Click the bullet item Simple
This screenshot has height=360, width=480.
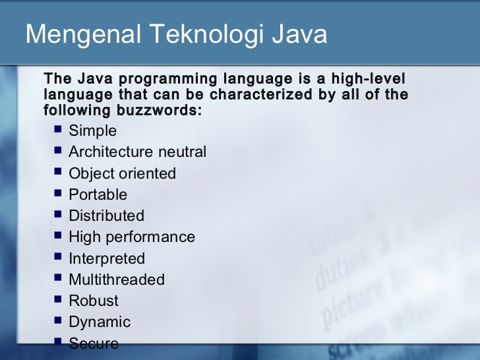[92, 131]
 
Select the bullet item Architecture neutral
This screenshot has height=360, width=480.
[137, 152]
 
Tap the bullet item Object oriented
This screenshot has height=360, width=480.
[122, 173]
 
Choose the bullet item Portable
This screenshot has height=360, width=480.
[98, 195]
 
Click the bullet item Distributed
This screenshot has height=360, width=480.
[106, 216]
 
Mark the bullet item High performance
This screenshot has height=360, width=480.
[132, 237]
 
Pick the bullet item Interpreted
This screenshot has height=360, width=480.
[106, 258]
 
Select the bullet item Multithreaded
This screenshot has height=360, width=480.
[117, 280]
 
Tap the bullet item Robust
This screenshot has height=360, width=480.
[94, 301]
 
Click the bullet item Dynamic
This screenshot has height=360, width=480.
[100, 322]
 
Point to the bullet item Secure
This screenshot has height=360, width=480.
[94, 344]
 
